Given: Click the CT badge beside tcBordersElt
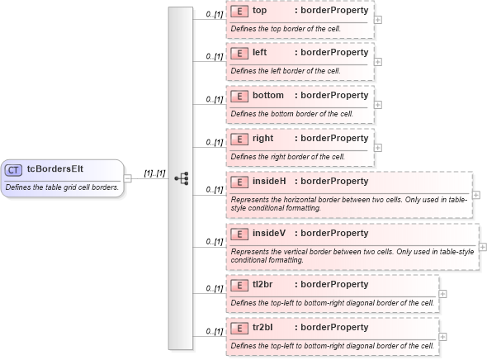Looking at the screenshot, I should pyautogui.click(x=13, y=170).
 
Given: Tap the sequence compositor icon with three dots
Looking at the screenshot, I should pyautogui.click(x=182, y=178).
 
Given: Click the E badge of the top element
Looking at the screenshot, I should pyautogui.click(x=239, y=12).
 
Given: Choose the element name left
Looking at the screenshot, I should pyautogui.click(x=259, y=53).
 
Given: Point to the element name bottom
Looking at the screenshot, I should pyautogui.click(x=267, y=96).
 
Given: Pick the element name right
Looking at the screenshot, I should pyautogui.click(x=262, y=139).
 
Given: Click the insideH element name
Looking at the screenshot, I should pyautogui.click(x=269, y=182).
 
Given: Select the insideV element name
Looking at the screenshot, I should pyautogui.click(x=269, y=233).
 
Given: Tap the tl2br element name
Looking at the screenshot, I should pyautogui.click(x=263, y=285).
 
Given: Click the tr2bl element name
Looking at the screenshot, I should pyautogui.click(x=263, y=328).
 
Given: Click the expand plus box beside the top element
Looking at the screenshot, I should pyautogui.click(x=378, y=19).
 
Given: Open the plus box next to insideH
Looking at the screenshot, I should pyautogui.click(x=476, y=196).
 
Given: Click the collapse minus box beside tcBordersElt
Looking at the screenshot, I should pyautogui.click(x=128, y=178).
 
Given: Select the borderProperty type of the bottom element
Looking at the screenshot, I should pyautogui.click(x=331, y=96).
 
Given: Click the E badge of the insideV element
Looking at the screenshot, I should pyautogui.click(x=239, y=233).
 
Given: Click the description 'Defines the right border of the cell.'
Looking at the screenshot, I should pyautogui.click(x=287, y=156).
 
